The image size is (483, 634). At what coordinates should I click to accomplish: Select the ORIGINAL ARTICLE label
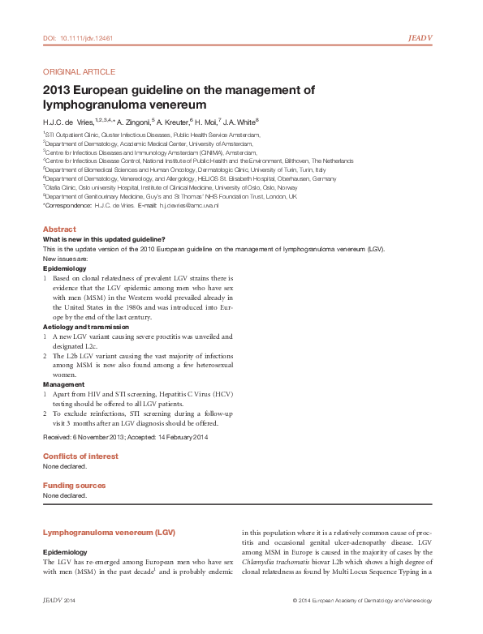(79, 71)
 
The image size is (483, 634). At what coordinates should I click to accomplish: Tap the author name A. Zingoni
(119, 121)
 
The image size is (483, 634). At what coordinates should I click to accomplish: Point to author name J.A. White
(241, 121)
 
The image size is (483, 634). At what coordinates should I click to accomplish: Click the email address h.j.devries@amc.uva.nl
(177, 206)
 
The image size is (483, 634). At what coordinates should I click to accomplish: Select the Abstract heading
(59, 229)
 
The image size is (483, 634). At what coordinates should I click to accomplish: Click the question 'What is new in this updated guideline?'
(104, 239)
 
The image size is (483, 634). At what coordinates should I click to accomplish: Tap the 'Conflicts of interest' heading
(80, 456)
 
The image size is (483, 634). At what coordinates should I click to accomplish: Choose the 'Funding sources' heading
(74, 485)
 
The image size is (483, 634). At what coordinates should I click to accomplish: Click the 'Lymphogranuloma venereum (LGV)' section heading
(109, 532)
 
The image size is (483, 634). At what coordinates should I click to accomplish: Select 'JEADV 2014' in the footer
(58, 600)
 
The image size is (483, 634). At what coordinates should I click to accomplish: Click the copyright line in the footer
(361, 600)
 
